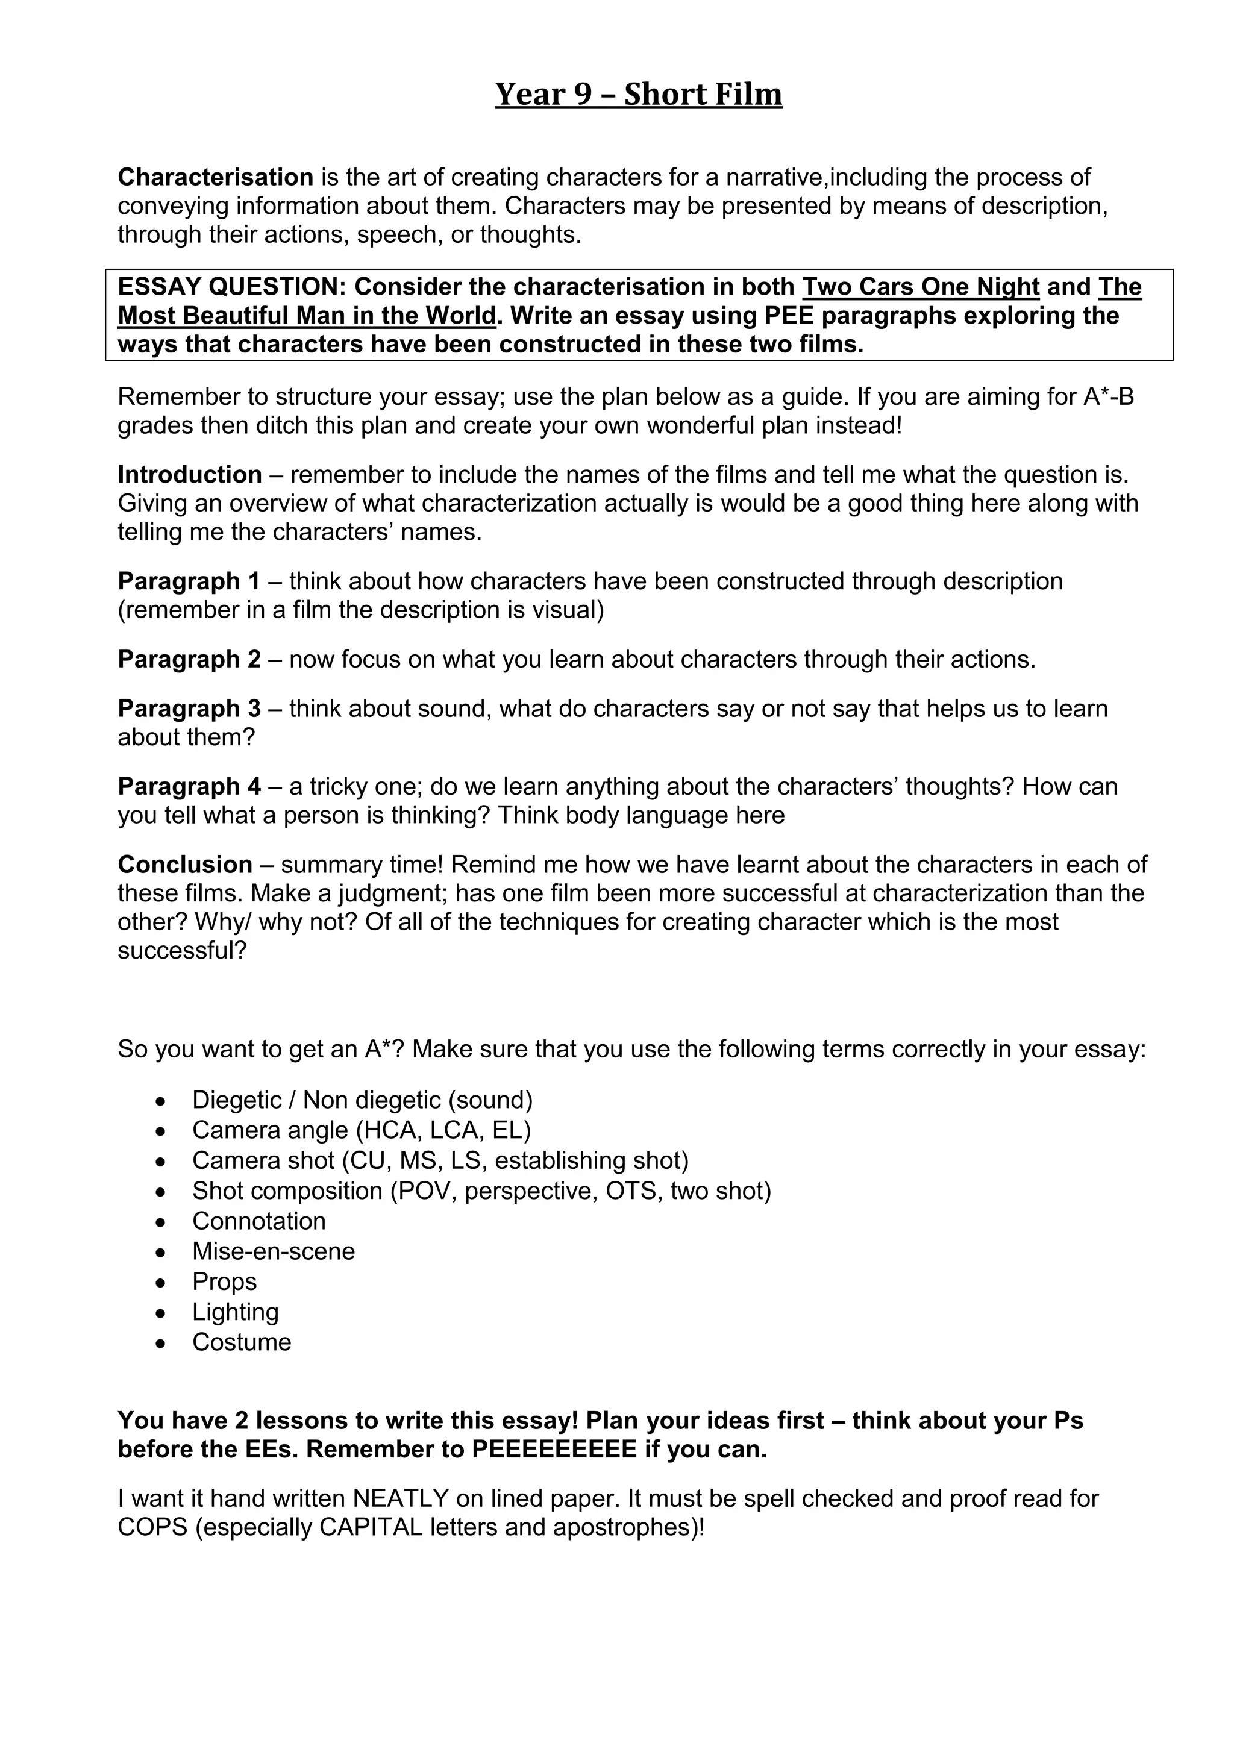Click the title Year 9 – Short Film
tap(639, 95)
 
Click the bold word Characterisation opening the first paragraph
tap(215, 177)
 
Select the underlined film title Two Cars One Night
tap(920, 287)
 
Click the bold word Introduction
tap(189, 475)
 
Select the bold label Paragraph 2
tap(189, 659)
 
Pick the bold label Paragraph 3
tap(189, 708)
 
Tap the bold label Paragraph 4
tap(189, 786)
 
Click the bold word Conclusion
tap(185, 865)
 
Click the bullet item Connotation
tap(258, 1221)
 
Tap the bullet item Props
tap(224, 1281)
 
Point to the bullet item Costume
tap(241, 1342)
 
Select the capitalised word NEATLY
tap(401, 1498)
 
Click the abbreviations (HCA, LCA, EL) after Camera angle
tap(443, 1130)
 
